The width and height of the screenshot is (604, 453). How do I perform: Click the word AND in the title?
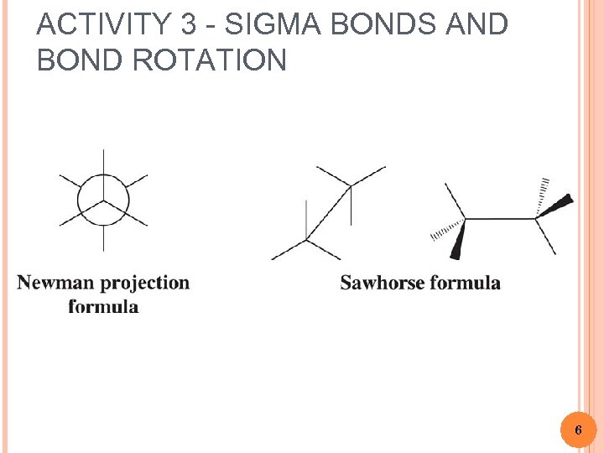tap(477, 25)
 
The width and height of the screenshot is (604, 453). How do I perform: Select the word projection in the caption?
tap(147, 284)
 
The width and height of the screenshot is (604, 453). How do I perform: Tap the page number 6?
tap(578, 430)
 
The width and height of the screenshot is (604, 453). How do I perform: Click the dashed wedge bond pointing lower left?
tap(446, 228)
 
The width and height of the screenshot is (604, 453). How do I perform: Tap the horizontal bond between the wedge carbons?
tap(501, 219)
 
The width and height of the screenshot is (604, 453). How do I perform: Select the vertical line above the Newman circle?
tap(103, 164)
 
